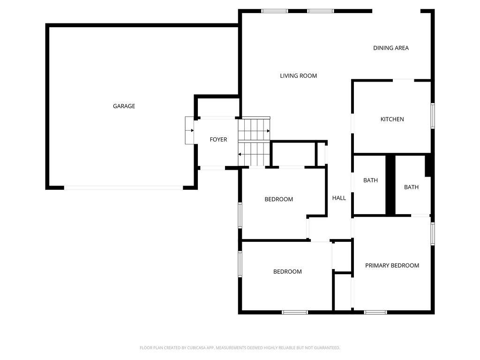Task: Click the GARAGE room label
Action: (x=124, y=106)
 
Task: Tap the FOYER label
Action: (x=218, y=140)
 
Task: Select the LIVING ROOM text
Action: (x=299, y=76)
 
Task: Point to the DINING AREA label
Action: (x=391, y=48)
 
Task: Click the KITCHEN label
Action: (x=392, y=120)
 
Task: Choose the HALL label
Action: (x=339, y=198)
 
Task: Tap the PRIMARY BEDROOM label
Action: (x=392, y=266)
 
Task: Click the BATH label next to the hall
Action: (x=370, y=180)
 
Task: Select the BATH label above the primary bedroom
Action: (x=411, y=187)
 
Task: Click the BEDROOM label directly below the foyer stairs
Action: (x=279, y=199)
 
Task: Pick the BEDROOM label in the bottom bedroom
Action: (x=287, y=271)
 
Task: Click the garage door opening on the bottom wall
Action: (x=124, y=187)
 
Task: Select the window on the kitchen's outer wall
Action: (x=433, y=116)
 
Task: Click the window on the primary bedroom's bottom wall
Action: (x=375, y=312)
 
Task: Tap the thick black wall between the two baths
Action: (x=390, y=185)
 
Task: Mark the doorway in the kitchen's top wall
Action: (x=404, y=81)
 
